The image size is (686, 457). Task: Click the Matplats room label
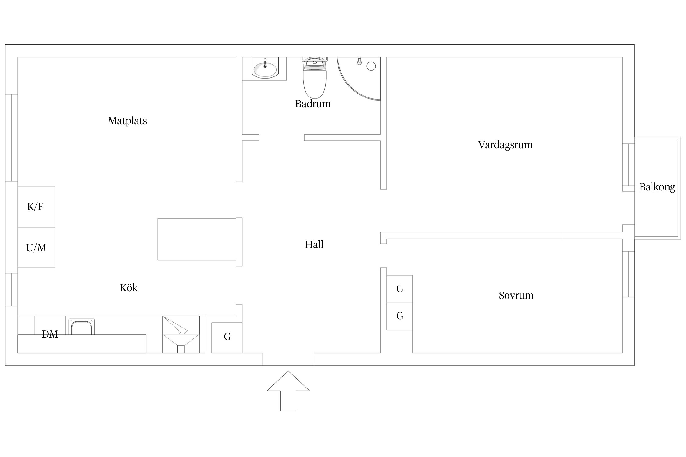point(127,121)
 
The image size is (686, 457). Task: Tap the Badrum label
point(313,104)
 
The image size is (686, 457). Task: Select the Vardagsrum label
point(505,145)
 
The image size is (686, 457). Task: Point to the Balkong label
point(657,187)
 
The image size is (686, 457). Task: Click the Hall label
point(314,244)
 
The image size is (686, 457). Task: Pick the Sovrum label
point(516,295)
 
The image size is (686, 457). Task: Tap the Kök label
point(128,288)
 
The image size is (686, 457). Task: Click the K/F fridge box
point(36,207)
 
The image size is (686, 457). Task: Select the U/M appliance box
point(36,247)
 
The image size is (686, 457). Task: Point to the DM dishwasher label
point(50,334)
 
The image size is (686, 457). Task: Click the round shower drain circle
point(371,66)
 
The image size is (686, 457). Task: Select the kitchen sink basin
point(81,327)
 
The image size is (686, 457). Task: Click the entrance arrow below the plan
point(288,391)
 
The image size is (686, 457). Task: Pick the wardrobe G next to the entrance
point(227,338)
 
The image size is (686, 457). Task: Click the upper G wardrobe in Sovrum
point(399,289)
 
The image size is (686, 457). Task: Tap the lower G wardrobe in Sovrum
point(399,316)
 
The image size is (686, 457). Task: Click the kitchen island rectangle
point(197,239)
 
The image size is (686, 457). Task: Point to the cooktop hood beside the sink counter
point(181,335)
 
